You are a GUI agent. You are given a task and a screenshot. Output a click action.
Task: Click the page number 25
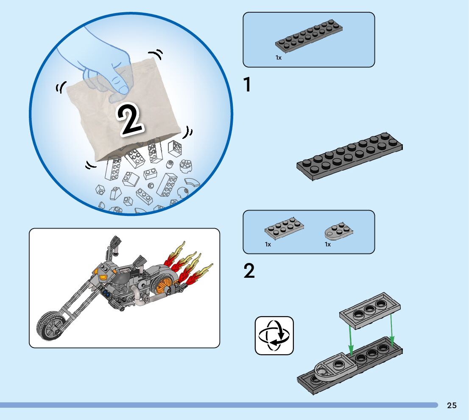click(x=452, y=405)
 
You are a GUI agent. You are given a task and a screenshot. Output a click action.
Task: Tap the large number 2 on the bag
click(x=129, y=120)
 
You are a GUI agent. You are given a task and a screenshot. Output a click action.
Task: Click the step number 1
click(x=247, y=85)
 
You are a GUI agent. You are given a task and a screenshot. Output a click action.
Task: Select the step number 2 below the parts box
click(x=249, y=271)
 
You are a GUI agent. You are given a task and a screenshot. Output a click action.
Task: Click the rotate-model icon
click(x=274, y=335)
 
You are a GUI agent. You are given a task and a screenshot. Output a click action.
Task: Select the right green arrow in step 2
click(x=392, y=329)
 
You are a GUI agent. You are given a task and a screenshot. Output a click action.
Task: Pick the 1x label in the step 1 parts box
click(x=279, y=58)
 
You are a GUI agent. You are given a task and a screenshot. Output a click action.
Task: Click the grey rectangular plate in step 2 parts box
click(x=284, y=229)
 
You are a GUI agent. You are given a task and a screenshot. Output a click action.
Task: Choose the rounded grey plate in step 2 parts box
click(x=338, y=232)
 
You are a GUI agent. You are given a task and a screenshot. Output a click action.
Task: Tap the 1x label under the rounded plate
click(x=328, y=244)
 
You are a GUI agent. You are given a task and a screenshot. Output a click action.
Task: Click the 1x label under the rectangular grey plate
click(x=268, y=244)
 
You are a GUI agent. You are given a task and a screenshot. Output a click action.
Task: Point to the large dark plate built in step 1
click(x=350, y=157)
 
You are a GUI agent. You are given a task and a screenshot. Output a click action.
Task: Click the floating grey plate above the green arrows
click(x=370, y=311)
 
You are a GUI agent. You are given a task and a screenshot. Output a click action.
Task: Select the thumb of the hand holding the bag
click(x=119, y=90)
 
